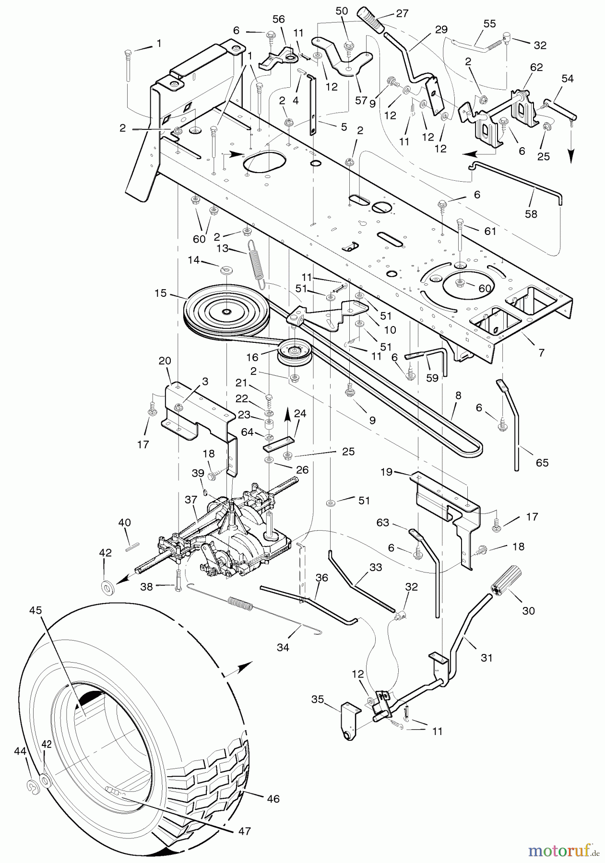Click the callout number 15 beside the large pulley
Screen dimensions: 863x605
tap(161, 293)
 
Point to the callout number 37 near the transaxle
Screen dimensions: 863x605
tap(190, 500)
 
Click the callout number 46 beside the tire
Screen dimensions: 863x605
tap(273, 799)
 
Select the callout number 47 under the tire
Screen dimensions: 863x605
tap(245, 831)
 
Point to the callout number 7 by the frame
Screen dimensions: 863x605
tap(542, 352)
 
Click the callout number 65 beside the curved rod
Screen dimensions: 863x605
tap(543, 463)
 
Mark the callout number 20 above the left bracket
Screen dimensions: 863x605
tap(165, 361)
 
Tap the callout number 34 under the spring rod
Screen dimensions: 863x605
tap(283, 647)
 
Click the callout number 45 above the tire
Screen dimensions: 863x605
tap(36, 610)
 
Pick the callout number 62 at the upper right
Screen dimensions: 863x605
tap(536, 68)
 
